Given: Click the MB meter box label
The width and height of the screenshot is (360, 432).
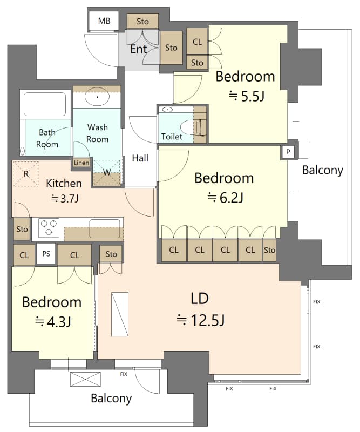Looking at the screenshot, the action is coord(104,21).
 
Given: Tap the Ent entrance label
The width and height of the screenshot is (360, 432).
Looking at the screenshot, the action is coord(139,49).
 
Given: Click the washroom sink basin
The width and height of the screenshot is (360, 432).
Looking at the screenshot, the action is coord(97,97).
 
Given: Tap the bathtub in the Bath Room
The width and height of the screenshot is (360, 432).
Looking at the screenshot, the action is coord(45,104).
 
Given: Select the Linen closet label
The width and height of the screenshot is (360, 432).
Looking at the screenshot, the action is coord(81,163).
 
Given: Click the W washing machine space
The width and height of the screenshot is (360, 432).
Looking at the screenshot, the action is coord(107,173).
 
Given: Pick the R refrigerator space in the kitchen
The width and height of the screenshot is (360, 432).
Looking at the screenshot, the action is coord(26,174).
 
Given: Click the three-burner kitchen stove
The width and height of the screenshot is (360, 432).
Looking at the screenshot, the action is coord(49,227).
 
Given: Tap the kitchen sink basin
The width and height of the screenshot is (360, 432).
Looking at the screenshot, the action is coord(105,228).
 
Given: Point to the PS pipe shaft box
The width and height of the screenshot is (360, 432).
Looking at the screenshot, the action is coord(46,254).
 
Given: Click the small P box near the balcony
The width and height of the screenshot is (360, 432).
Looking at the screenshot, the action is coord(288,152).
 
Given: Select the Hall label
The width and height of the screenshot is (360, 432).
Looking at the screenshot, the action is coord(140,158).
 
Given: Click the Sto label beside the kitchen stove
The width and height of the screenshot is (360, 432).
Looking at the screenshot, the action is coord(22,229).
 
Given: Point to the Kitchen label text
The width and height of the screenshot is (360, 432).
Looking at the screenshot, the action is coord(64,184).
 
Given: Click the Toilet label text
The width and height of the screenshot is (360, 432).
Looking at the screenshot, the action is coord(172,137).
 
